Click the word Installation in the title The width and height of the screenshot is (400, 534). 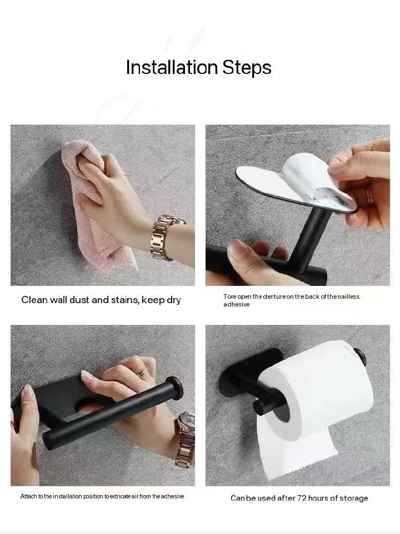pyautogui.click(x=172, y=67)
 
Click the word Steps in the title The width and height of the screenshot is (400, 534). pyautogui.click(x=247, y=67)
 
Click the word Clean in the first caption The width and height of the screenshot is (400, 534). pyautogui.click(x=34, y=300)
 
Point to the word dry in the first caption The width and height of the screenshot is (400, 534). pyautogui.click(x=173, y=300)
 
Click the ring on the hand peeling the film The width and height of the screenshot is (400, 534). pyautogui.click(x=369, y=195)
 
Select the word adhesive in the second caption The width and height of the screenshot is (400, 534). pyautogui.click(x=237, y=304)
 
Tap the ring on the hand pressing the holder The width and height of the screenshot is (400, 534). pyautogui.click(x=143, y=372)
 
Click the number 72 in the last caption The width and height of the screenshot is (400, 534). pyautogui.click(x=302, y=498)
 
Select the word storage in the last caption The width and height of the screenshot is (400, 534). pyautogui.click(x=354, y=498)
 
